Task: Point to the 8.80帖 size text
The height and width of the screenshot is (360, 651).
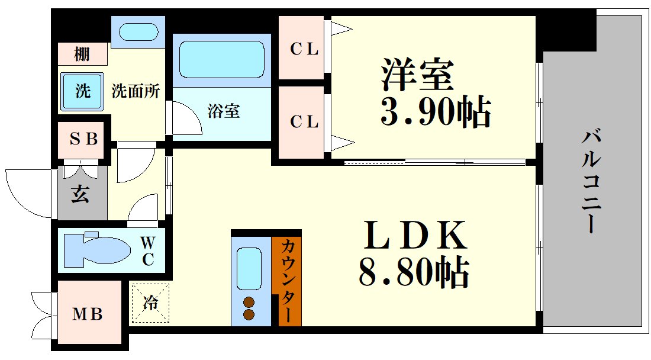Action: [414, 272]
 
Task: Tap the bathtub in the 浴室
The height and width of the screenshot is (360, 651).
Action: [221, 59]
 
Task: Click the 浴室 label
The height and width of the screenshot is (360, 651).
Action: [224, 111]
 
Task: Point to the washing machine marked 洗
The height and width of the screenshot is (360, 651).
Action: [82, 92]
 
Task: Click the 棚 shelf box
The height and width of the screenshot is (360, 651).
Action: [82, 55]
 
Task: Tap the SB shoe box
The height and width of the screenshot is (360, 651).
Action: [83, 140]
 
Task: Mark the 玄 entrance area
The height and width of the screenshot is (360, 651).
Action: [81, 194]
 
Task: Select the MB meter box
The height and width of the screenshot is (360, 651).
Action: [88, 313]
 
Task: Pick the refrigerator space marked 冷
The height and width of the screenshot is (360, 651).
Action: [150, 304]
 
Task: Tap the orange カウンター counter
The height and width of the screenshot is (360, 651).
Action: [287, 281]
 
